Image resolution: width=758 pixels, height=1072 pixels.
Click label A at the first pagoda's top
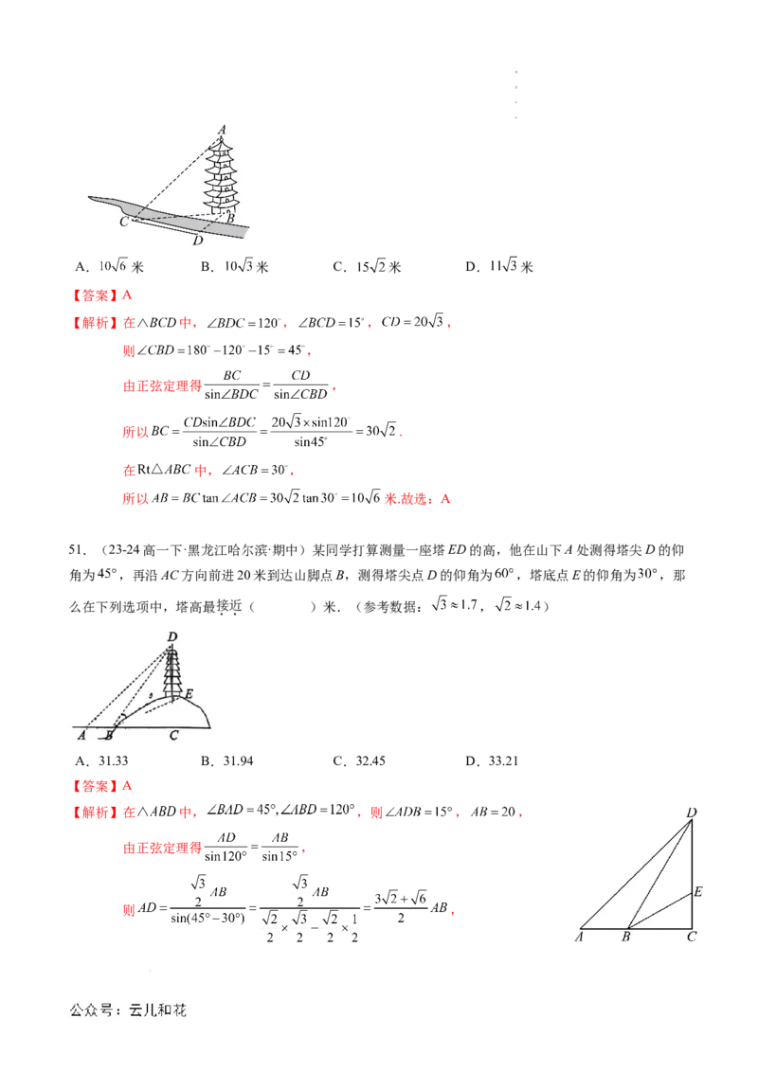click(x=222, y=130)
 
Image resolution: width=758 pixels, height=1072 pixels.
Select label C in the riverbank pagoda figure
click(x=123, y=222)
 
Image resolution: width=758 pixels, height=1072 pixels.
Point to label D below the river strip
click(x=197, y=241)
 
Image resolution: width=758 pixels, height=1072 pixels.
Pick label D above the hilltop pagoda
click(x=171, y=636)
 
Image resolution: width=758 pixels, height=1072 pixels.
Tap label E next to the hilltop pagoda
click(x=189, y=694)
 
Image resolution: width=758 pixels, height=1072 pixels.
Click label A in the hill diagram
click(x=82, y=734)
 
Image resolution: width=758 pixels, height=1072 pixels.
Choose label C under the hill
click(x=173, y=734)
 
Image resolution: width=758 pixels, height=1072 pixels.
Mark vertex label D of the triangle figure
click(x=692, y=812)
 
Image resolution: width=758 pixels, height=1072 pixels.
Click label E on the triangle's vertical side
click(x=697, y=891)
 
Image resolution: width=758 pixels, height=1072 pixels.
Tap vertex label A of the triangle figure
click(x=578, y=938)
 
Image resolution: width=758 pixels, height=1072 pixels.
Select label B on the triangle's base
click(x=625, y=938)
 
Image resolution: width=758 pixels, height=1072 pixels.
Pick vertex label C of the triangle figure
click(x=692, y=938)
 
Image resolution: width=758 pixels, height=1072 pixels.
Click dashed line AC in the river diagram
click(x=175, y=176)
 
